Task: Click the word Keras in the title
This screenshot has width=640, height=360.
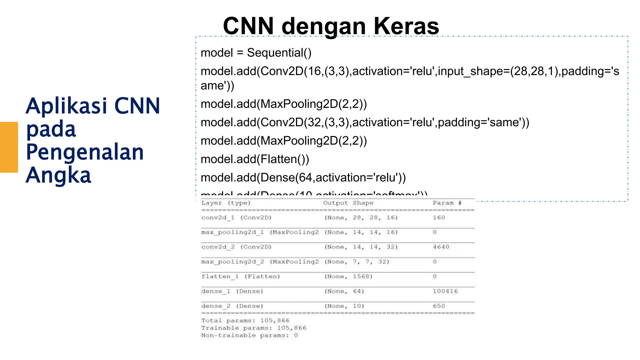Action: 406,26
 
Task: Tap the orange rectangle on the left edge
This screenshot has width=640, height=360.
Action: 9,147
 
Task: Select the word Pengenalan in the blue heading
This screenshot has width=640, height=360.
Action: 85,152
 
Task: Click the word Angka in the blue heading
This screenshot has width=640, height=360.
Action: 58,175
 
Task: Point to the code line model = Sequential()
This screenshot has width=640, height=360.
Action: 256,53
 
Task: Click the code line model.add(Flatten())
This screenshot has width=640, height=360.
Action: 255,159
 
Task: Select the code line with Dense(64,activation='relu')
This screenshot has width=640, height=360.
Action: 303,178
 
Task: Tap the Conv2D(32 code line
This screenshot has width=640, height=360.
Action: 365,122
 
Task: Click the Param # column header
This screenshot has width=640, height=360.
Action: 447,203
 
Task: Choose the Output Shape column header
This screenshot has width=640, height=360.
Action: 348,203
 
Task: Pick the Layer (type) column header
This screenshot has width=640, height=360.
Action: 226,203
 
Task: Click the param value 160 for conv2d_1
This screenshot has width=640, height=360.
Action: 439,217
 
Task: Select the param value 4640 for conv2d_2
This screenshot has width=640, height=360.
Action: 441,247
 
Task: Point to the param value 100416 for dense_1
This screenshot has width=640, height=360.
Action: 445,291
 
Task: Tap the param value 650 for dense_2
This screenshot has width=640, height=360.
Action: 439,306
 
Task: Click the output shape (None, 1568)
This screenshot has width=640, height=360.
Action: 348,277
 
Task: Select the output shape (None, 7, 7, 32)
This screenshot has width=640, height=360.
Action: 357,262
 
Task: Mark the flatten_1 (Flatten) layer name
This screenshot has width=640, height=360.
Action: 240,277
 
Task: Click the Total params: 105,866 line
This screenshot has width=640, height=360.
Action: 245,321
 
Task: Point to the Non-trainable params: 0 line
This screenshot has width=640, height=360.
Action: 249,336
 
